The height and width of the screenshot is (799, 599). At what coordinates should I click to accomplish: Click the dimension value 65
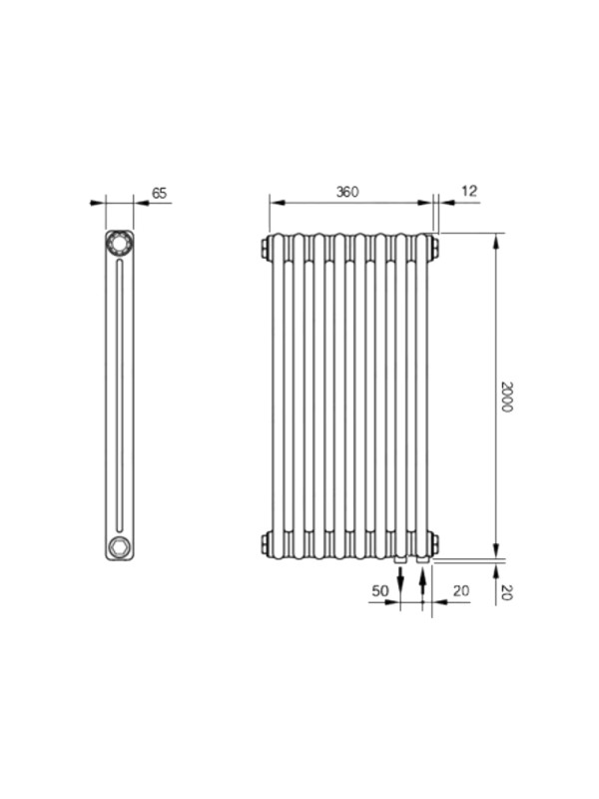click(160, 193)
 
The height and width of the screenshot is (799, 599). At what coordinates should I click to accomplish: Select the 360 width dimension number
click(347, 192)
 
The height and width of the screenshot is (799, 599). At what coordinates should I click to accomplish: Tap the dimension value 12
click(469, 191)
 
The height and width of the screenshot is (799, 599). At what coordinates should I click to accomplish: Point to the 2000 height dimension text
click(506, 397)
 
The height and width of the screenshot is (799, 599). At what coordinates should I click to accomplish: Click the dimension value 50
click(380, 590)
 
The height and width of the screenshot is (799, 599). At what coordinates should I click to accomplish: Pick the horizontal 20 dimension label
click(461, 590)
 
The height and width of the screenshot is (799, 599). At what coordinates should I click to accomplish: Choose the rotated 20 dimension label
click(506, 592)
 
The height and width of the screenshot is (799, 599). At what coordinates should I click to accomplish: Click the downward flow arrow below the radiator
click(401, 581)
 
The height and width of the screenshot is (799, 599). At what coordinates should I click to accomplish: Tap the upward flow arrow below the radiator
click(422, 581)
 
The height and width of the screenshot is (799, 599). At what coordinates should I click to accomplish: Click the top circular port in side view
click(119, 243)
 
